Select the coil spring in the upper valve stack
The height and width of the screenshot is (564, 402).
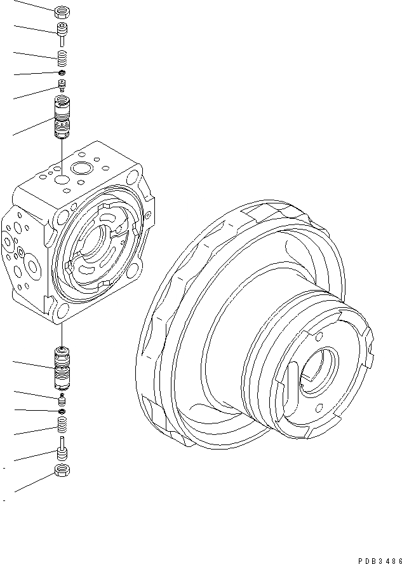pyautogui.click(x=62, y=59)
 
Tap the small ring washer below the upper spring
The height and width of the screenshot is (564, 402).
pyautogui.click(x=62, y=73)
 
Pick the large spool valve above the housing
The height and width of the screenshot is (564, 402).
pyautogui.click(x=62, y=118)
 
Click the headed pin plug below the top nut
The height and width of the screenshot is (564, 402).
pyautogui.click(x=62, y=32)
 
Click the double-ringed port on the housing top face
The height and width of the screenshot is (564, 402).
pyautogui.click(x=82, y=169)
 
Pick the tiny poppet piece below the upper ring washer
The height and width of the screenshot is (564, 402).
pyautogui.click(x=62, y=85)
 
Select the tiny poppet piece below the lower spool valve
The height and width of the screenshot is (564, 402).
pyautogui.click(x=62, y=399)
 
